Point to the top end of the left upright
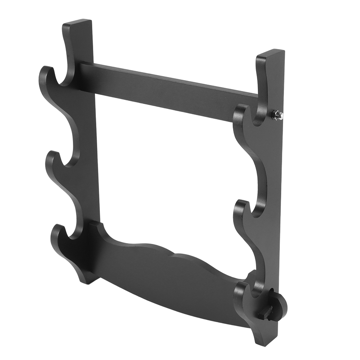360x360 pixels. tap(77, 23)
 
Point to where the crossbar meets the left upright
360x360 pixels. tap(85, 72)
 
